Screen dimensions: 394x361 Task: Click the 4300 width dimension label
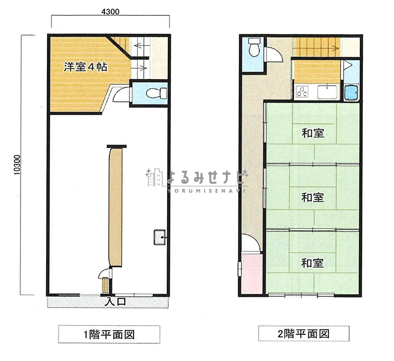click(110, 11)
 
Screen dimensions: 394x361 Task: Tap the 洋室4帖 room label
click(85, 67)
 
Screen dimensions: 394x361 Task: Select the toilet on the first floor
click(157, 94)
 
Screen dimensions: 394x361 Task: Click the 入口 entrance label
click(115, 301)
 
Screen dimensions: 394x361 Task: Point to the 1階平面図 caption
click(109, 335)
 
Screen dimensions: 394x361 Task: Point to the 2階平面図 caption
click(303, 334)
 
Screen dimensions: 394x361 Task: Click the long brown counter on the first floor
click(115, 207)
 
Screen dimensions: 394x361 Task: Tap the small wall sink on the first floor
click(160, 237)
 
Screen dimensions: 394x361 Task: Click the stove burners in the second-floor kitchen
click(302, 91)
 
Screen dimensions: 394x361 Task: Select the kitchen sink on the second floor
click(327, 92)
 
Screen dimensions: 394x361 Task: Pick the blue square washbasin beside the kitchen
click(351, 92)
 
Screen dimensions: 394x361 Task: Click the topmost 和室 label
click(312, 133)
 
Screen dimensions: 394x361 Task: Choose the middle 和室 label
click(312, 197)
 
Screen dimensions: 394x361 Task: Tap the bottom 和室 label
click(312, 263)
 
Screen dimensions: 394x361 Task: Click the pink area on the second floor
click(251, 273)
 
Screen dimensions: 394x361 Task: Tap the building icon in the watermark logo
click(154, 177)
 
